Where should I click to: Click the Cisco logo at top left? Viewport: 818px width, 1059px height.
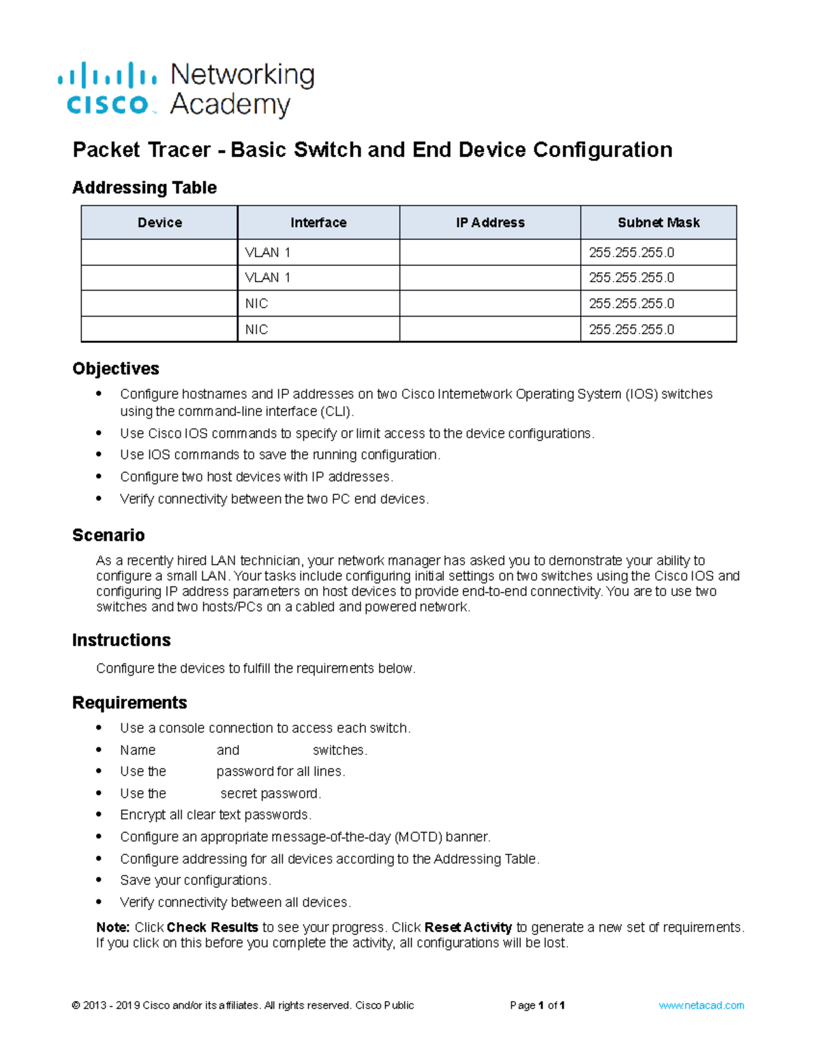pos(108,89)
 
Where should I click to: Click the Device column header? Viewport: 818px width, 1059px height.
pos(160,222)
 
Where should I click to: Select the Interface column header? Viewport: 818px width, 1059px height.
pos(318,222)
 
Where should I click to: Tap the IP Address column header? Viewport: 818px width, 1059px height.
pos(490,222)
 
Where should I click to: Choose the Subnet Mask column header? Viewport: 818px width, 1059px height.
pos(658,222)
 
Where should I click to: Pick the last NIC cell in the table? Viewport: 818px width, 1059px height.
pos(256,329)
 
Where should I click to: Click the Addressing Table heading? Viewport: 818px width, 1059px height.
pos(145,188)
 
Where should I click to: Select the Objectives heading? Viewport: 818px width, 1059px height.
pos(116,368)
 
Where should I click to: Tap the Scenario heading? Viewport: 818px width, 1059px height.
pos(108,535)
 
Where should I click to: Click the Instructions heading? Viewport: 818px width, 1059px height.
pos(121,640)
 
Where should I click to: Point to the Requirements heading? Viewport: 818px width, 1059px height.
pos(130,703)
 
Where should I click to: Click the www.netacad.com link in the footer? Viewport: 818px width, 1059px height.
pos(701,1005)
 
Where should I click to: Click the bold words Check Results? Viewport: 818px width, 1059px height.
pos(212,927)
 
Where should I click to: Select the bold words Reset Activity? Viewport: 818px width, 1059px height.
pos(468,927)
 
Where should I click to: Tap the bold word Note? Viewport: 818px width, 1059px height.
pos(113,927)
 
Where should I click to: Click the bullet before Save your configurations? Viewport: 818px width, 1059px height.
pos(100,880)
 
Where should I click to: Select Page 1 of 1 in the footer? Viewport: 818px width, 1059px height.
pos(537,1005)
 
